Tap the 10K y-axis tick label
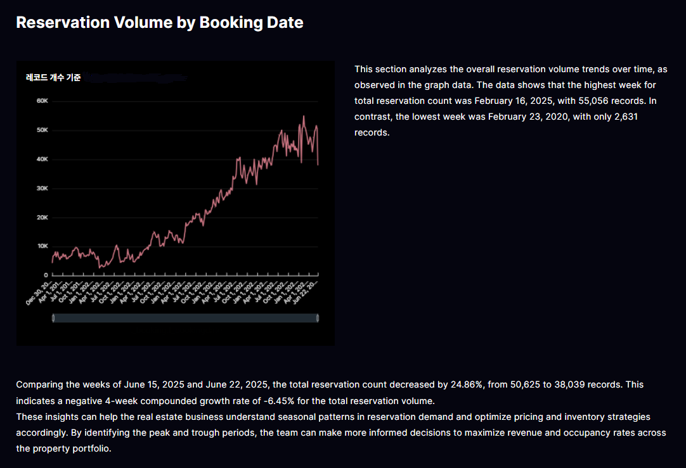[43, 246]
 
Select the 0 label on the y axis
[46, 275]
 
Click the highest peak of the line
[304, 116]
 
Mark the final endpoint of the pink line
[318, 165]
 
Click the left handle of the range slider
[53, 318]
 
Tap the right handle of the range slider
[317, 318]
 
